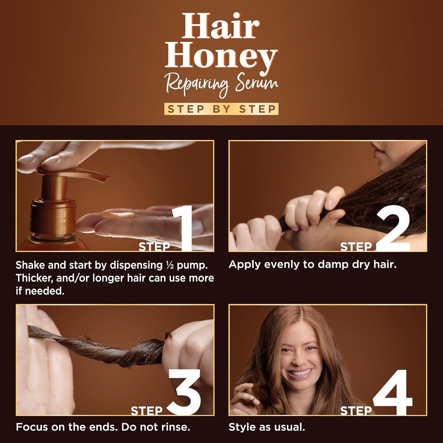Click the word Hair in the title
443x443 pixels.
pos(221,27)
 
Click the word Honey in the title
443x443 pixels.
pos(221,58)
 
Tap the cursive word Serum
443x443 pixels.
pos(257,84)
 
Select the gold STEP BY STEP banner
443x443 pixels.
pos(221,109)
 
